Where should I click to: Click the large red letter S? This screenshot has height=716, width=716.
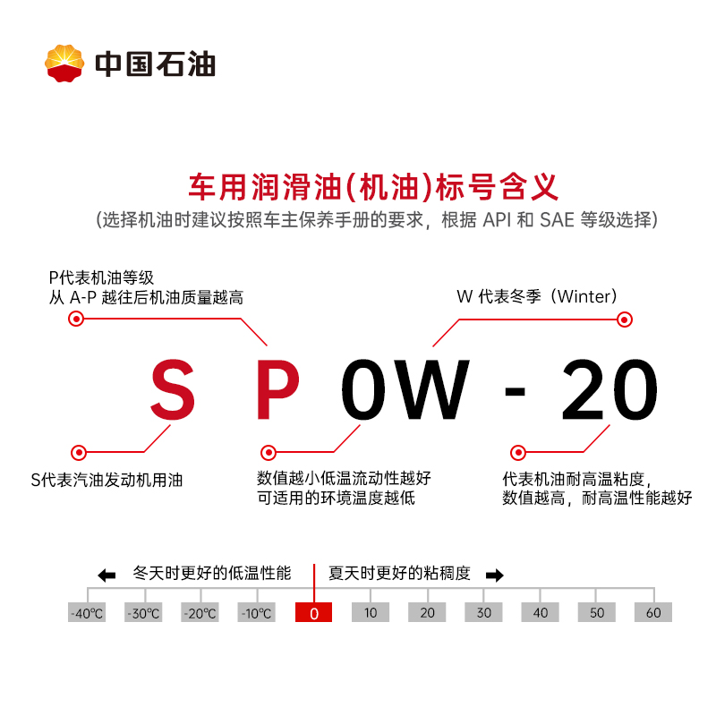click(x=173, y=391)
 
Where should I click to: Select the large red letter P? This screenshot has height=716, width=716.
click(x=277, y=391)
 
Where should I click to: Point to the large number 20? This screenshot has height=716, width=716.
click(x=609, y=391)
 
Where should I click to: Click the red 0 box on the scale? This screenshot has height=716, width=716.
click(x=313, y=613)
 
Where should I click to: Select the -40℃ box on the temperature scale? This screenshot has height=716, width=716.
click(x=87, y=613)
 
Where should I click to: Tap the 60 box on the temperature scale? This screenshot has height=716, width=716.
click(x=653, y=613)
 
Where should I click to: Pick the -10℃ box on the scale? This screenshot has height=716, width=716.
click(x=257, y=613)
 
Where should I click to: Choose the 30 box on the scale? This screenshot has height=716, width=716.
click(x=483, y=613)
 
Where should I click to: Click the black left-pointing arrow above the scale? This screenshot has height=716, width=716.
click(x=107, y=575)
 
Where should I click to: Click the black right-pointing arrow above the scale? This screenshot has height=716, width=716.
click(x=494, y=575)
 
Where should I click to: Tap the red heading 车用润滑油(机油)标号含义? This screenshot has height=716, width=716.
click(x=373, y=187)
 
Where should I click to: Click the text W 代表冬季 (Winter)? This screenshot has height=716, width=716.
click(x=537, y=296)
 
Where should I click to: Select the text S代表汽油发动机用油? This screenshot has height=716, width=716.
click(x=107, y=481)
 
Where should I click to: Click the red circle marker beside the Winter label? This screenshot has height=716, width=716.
click(x=625, y=320)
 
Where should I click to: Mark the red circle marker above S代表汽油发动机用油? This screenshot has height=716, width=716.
click(x=78, y=453)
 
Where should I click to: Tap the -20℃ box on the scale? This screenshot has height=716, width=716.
click(x=200, y=613)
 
